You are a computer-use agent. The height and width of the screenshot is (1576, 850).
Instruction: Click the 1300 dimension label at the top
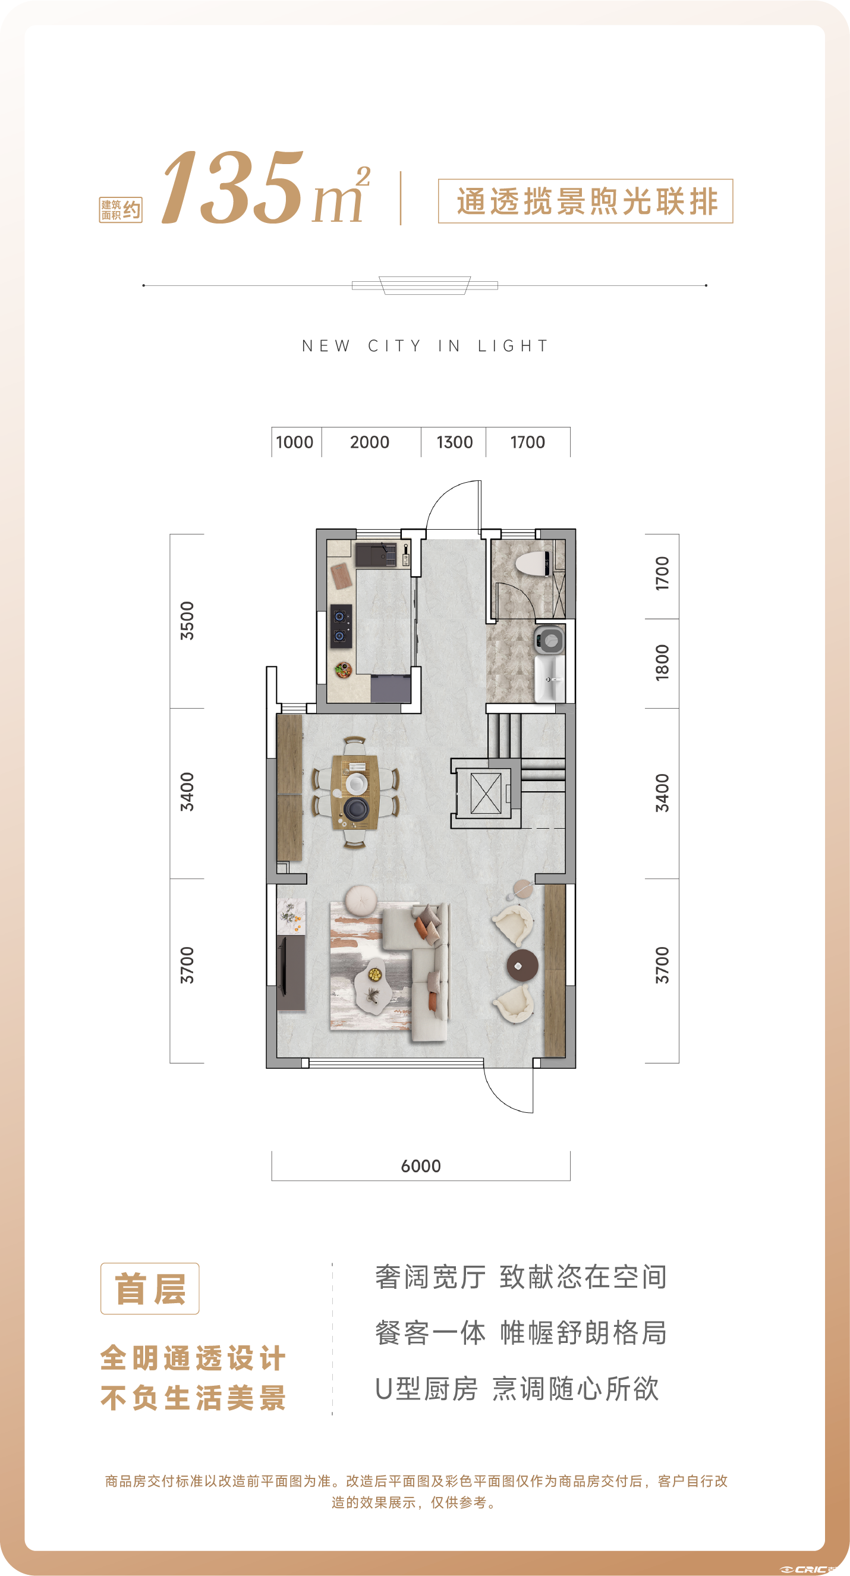coord(454,442)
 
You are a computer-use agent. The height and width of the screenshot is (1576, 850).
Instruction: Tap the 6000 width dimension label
coord(421,1166)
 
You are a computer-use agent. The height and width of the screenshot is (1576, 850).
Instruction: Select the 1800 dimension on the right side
coord(662,663)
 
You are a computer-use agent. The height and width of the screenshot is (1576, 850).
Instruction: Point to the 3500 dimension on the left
coord(187,621)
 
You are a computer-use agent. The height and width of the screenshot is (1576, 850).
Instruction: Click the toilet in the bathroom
coord(533,564)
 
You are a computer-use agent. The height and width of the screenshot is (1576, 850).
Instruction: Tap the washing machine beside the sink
coord(550,640)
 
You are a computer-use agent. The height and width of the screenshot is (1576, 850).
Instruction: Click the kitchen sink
coord(376,555)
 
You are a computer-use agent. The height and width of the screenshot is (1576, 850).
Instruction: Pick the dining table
coord(355,792)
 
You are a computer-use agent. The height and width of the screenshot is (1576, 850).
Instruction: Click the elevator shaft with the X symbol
coord(486,793)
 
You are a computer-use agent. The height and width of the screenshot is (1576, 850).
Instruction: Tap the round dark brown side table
coord(522,965)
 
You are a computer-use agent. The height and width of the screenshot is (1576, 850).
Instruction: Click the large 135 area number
coord(233,187)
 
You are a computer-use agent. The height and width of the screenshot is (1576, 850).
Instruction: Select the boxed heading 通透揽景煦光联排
coord(586,202)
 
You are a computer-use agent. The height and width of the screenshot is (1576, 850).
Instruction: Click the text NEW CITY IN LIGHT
coord(425,346)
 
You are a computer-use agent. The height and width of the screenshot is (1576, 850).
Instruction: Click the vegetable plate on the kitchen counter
coord(342,671)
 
